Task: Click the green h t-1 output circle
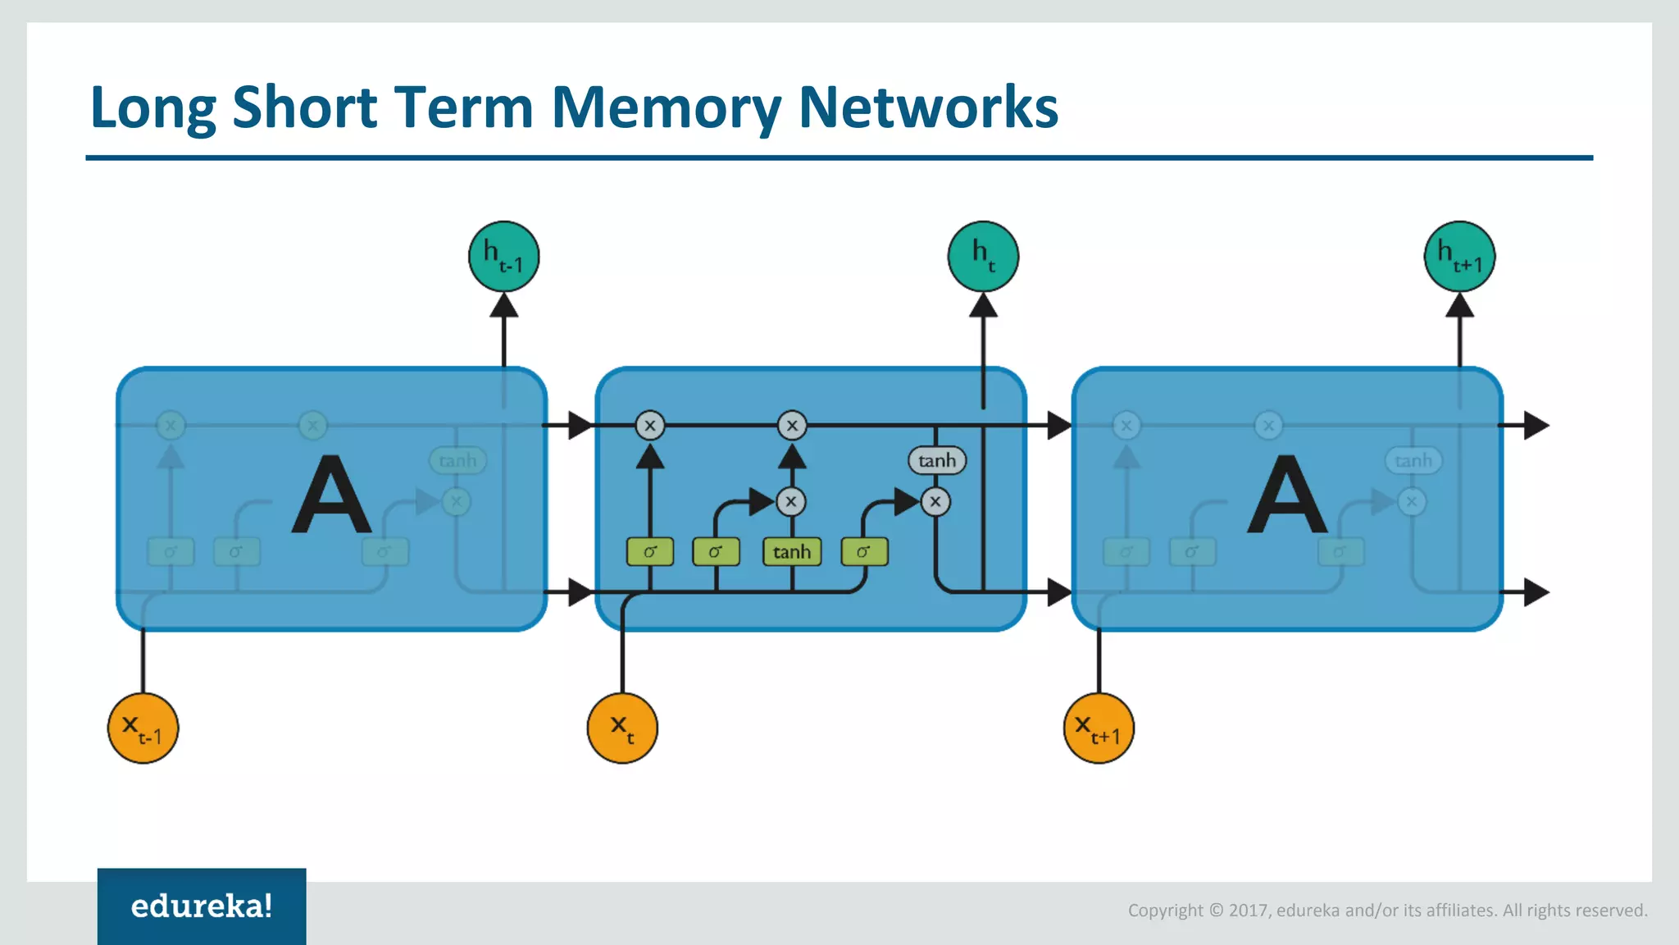pyautogui.click(x=503, y=257)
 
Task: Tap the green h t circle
pyautogui.click(x=983, y=257)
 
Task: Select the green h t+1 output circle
pyautogui.click(x=1459, y=257)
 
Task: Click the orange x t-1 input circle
pyautogui.click(x=143, y=728)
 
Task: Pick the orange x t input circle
pyautogui.click(x=622, y=728)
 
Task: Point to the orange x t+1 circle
pyautogui.click(x=1099, y=728)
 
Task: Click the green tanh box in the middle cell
pyautogui.click(x=791, y=552)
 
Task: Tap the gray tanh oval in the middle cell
pyautogui.click(x=937, y=460)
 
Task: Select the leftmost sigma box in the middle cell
pyautogui.click(x=650, y=552)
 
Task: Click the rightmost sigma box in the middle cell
pyautogui.click(x=864, y=552)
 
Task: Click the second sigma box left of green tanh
pyautogui.click(x=716, y=552)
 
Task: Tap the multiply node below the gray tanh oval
pyautogui.click(x=935, y=501)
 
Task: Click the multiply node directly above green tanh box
pyautogui.click(x=791, y=501)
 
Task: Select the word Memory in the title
pyautogui.click(x=667, y=107)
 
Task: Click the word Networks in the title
pyautogui.click(x=928, y=107)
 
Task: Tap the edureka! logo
pyautogui.click(x=202, y=906)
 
